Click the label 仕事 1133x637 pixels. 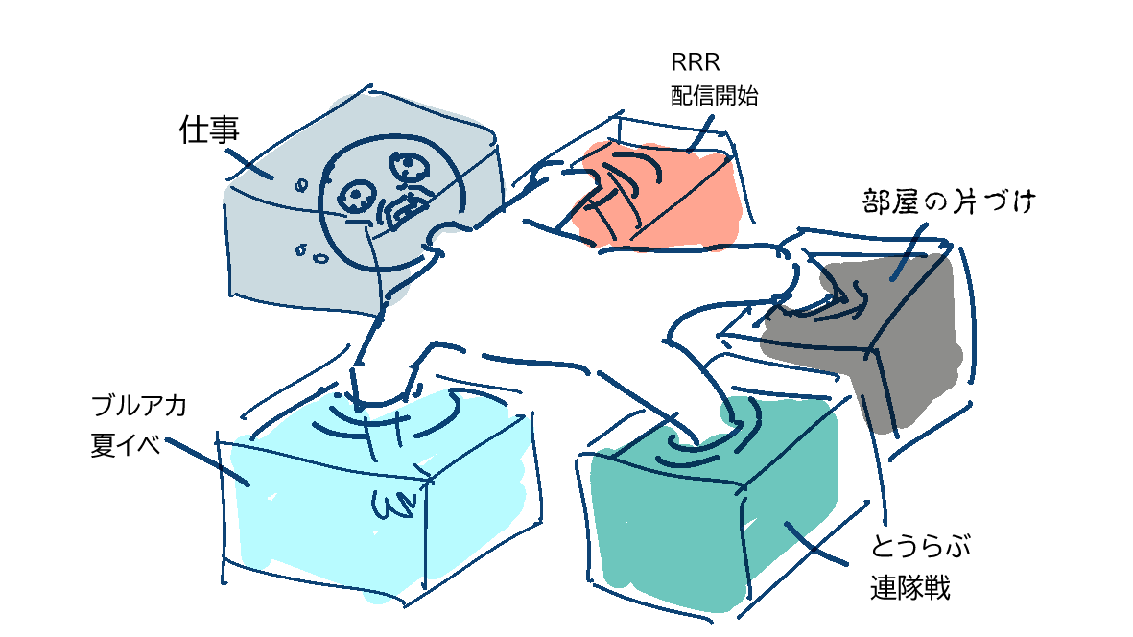tap(208, 130)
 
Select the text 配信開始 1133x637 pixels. tap(715, 96)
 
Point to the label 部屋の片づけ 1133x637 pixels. tap(947, 202)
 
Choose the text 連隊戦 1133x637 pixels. tap(910, 586)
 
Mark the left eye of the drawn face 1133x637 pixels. tap(357, 197)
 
